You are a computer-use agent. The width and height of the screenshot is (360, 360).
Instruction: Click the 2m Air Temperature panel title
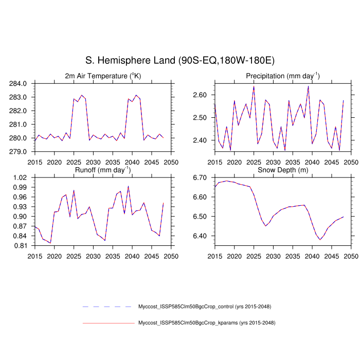[x=103, y=76]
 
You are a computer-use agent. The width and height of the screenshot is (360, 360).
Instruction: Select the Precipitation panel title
[x=282, y=76]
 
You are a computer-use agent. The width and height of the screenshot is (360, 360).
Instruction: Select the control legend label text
[x=205, y=307]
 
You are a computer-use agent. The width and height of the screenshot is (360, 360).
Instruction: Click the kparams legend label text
[x=207, y=323]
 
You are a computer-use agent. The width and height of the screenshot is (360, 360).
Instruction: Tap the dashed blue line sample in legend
[x=107, y=307]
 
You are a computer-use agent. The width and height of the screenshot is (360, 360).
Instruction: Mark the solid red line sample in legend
[x=107, y=323]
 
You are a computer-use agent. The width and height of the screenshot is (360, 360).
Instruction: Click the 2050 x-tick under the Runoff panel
[x=171, y=256]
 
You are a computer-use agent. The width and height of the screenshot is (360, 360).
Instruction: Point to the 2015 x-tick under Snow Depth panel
[x=214, y=256]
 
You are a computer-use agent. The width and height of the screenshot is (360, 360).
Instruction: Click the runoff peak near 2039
[x=128, y=186]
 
